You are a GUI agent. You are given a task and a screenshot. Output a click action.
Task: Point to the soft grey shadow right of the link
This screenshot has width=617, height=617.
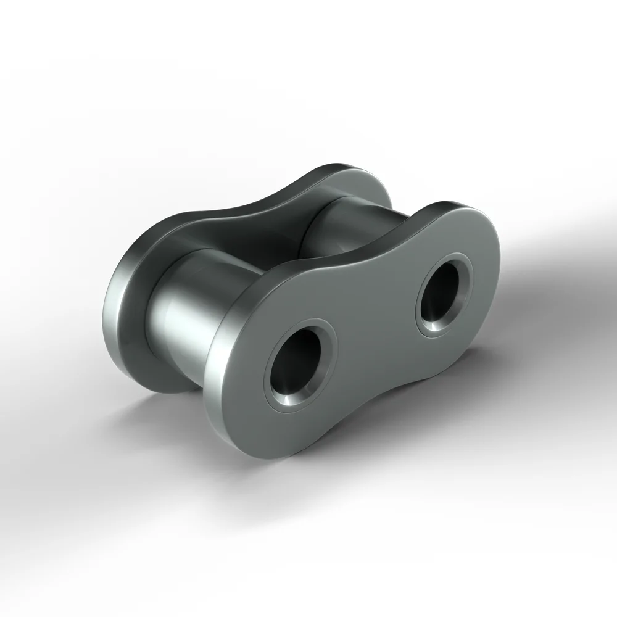543,259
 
